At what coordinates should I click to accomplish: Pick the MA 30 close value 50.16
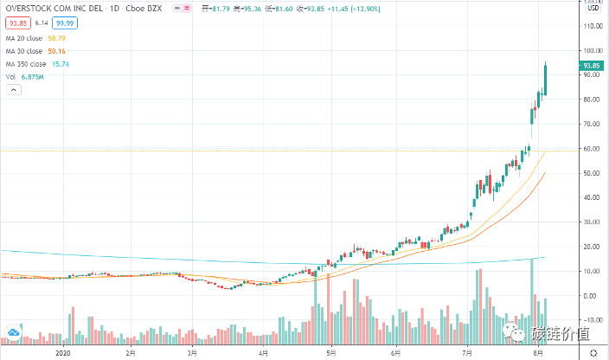(x=57, y=51)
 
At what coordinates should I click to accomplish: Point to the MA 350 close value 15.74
(x=60, y=63)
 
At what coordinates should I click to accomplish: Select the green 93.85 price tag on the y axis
(x=591, y=65)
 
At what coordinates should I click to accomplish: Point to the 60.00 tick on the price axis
(x=590, y=148)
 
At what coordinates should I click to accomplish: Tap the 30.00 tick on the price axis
(x=590, y=222)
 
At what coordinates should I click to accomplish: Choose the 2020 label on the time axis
(x=61, y=352)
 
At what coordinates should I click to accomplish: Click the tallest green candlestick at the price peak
(x=546, y=80)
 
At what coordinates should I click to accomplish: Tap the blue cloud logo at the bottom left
(x=13, y=331)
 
